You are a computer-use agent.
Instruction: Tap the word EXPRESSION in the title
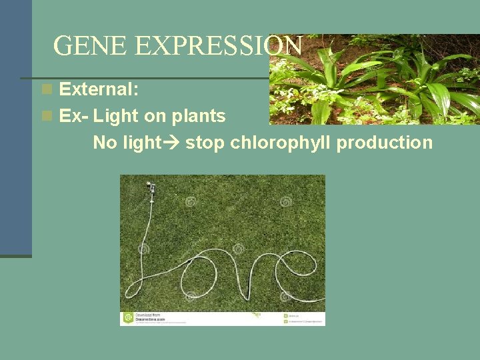pyautogui.click(x=218, y=45)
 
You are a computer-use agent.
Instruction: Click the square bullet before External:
pyautogui.click(x=46, y=89)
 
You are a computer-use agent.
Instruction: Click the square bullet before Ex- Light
pyautogui.click(x=46, y=116)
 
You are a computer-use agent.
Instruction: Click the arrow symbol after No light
pyautogui.click(x=173, y=143)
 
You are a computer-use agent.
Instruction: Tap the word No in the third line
pyautogui.click(x=104, y=143)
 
